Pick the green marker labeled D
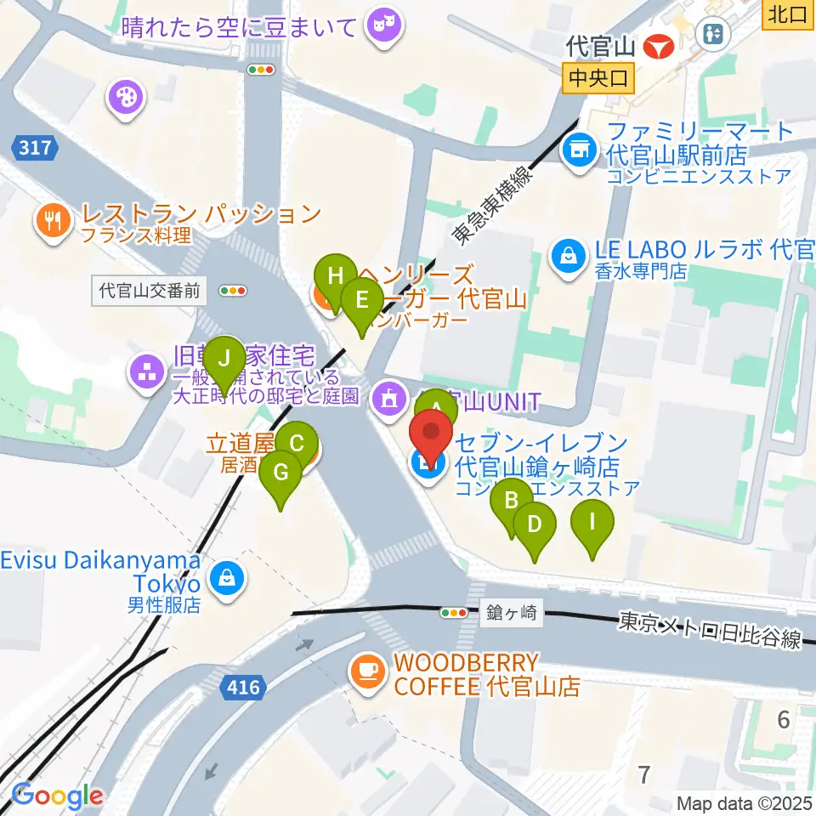(x=534, y=524)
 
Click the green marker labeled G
(x=280, y=473)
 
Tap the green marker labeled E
(x=362, y=300)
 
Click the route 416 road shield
(x=245, y=685)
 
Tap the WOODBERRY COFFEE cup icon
(x=367, y=671)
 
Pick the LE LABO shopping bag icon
(x=565, y=252)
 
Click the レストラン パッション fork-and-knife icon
(x=53, y=222)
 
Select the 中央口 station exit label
(x=599, y=78)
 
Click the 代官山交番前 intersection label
(x=149, y=291)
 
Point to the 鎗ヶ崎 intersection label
(x=513, y=612)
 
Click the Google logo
(x=57, y=796)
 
